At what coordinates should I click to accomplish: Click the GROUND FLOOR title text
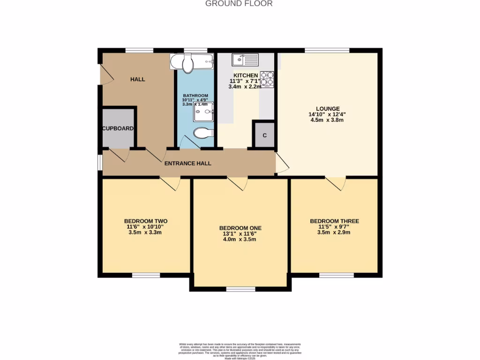click(x=239, y=4)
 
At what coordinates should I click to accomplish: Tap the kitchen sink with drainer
click(x=245, y=60)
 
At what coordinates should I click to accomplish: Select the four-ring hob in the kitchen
click(x=267, y=79)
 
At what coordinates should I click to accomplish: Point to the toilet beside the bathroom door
click(x=203, y=133)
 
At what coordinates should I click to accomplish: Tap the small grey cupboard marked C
click(x=264, y=135)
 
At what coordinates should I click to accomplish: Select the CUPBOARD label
click(x=119, y=128)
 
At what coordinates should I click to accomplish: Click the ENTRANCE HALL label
click(x=187, y=164)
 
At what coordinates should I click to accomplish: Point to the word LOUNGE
click(x=328, y=108)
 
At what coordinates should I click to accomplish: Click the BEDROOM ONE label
click(x=240, y=228)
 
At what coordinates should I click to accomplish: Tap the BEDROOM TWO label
click(x=146, y=221)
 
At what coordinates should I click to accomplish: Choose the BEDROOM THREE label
click(x=334, y=221)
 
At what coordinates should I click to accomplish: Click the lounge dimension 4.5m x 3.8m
click(x=328, y=120)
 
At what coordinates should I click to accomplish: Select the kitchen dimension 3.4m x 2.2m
click(x=244, y=87)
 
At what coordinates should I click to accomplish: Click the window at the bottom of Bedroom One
click(x=241, y=289)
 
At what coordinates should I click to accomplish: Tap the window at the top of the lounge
click(x=327, y=50)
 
